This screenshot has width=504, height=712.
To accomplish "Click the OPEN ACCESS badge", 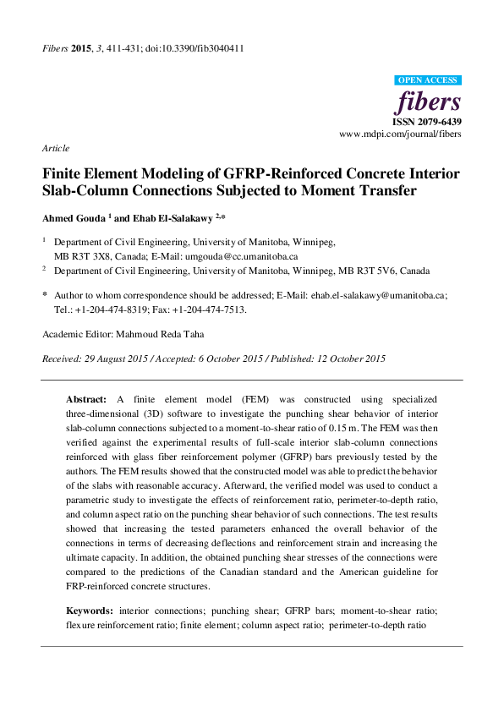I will (x=428, y=80).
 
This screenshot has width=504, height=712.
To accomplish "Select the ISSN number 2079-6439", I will (x=439, y=122).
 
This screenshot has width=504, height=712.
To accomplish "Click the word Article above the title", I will (x=55, y=148).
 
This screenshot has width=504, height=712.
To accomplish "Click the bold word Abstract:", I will (x=87, y=397).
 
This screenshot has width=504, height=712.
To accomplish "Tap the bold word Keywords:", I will (x=90, y=610).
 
